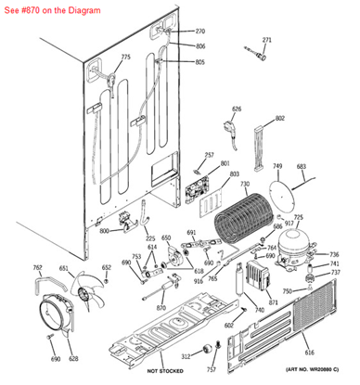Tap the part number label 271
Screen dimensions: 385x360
[267, 40]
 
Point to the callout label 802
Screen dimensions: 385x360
[280, 119]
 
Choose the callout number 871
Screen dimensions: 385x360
[273, 303]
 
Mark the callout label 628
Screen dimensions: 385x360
[73, 358]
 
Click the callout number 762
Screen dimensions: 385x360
[37, 268]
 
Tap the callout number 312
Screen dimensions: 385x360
[185, 355]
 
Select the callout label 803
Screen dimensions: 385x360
[234, 173]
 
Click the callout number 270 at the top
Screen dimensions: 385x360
[199, 32]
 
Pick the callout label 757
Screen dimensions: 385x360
[211, 356]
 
